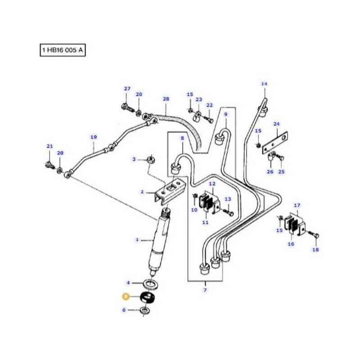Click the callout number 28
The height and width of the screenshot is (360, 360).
(166, 99)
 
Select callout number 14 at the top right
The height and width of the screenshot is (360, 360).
(264, 84)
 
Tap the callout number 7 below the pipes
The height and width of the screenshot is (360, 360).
(205, 290)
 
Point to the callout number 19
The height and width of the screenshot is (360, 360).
(94, 137)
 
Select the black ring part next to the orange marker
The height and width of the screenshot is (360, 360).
(147, 297)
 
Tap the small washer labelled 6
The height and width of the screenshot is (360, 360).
(145, 310)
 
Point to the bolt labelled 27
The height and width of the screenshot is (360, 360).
(126, 108)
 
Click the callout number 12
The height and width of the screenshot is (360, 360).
(211, 184)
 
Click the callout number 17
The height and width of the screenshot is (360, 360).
(297, 206)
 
